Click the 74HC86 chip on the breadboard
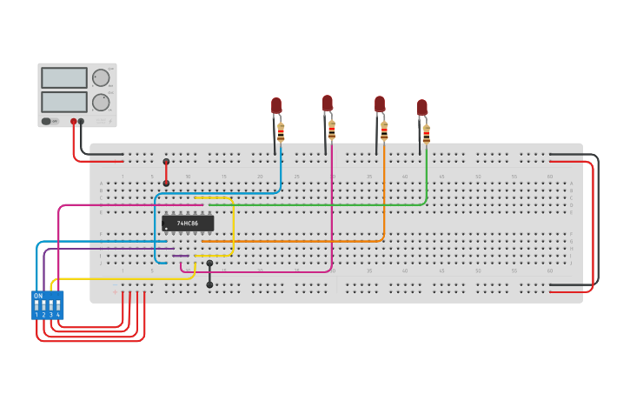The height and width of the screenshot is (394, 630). (x=188, y=224)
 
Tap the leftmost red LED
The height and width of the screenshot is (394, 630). (x=276, y=106)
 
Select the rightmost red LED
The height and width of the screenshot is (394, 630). (x=421, y=108)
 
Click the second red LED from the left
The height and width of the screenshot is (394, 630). (x=328, y=104)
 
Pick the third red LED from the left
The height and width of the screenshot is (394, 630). (x=380, y=104)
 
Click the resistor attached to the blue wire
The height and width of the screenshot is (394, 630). (x=281, y=132)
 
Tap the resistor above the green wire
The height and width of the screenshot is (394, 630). (x=426, y=134)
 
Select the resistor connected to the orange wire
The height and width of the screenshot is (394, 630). (x=384, y=131)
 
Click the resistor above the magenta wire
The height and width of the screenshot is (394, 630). (x=332, y=130)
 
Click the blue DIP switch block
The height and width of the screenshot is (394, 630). (x=47, y=305)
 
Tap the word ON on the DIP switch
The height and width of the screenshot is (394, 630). (x=38, y=296)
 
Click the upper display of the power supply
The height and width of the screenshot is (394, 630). (x=64, y=78)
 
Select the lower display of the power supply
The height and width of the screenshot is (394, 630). (x=64, y=102)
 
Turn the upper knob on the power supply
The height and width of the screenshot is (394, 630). (x=102, y=77)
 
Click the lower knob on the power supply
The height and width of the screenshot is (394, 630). (x=102, y=102)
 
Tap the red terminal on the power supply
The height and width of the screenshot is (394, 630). (x=74, y=122)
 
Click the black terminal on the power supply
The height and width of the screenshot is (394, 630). (x=82, y=122)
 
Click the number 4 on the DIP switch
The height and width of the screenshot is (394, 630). (x=58, y=315)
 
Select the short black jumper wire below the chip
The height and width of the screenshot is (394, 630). (x=209, y=273)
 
